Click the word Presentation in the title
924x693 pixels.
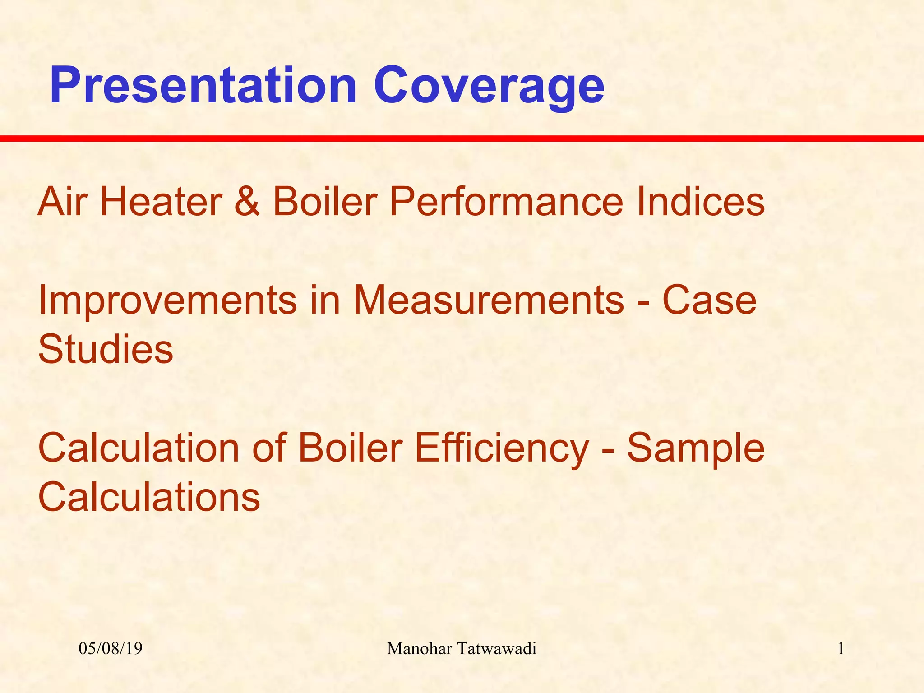click(203, 86)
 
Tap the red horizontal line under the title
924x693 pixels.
click(462, 139)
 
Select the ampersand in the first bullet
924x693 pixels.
click(247, 201)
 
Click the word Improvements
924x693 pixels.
click(168, 301)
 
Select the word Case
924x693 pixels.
click(709, 300)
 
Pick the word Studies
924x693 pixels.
click(106, 349)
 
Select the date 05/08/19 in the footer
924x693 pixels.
click(111, 649)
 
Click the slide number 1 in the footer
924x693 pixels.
click(841, 649)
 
